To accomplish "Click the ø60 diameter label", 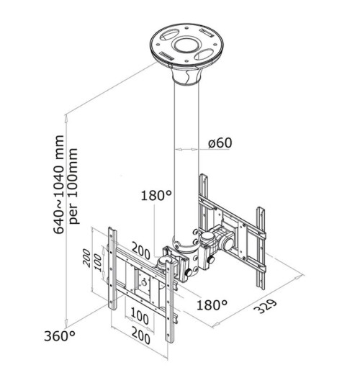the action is point(220,143).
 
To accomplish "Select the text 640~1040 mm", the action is point(59,184).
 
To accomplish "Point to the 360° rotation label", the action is point(60,336).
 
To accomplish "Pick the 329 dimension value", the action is point(266,306).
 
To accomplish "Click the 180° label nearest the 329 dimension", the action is point(212,305).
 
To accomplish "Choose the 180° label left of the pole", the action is point(156,196).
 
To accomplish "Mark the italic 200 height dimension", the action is point(87,258).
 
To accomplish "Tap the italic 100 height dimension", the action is point(98,263).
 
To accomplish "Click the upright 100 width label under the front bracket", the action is point(140,317).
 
